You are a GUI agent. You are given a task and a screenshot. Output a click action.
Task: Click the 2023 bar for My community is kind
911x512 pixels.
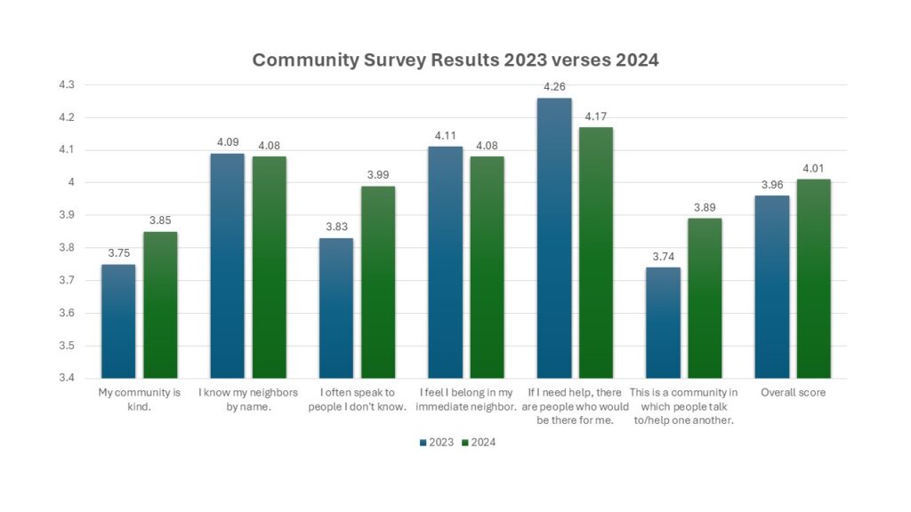click(x=118, y=321)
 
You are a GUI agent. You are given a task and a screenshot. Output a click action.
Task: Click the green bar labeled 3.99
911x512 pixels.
click(x=378, y=282)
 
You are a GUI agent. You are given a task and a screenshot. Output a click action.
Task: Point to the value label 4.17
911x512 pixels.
click(x=596, y=116)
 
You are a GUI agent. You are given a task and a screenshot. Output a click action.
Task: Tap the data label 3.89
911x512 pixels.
click(x=705, y=208)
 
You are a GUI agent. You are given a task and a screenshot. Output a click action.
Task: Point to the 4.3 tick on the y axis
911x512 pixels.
click(x=67, y=84)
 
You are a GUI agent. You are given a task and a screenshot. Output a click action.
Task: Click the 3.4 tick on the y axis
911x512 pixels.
click(x=67, y=378)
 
